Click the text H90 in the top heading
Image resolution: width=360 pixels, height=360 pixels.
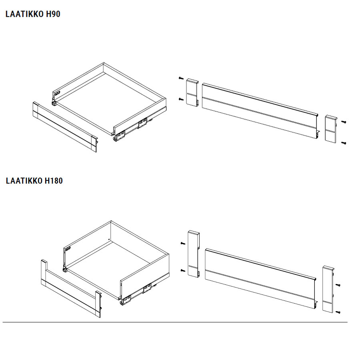53,14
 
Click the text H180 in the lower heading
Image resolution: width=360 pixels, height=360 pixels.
54,181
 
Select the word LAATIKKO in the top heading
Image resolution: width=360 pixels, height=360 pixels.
24,14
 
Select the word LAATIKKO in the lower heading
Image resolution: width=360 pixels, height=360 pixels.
24,181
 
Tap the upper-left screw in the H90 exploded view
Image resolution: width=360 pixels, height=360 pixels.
181,78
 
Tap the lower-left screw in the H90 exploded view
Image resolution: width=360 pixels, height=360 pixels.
181,99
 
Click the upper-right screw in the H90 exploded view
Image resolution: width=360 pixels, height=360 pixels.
344,122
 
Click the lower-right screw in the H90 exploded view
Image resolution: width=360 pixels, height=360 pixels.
344,143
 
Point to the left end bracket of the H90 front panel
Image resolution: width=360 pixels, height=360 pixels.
192,92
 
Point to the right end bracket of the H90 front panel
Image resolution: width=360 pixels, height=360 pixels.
331,129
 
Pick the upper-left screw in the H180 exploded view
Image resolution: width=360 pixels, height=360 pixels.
183,243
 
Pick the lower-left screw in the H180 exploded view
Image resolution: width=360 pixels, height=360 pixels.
183,271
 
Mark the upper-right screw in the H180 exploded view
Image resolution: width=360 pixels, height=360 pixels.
338,285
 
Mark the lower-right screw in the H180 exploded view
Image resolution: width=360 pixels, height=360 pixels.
338,312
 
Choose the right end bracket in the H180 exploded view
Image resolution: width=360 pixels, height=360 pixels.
328,289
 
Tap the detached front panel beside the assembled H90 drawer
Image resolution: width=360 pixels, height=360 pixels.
65,127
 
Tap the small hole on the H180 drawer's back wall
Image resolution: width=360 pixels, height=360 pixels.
109,239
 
